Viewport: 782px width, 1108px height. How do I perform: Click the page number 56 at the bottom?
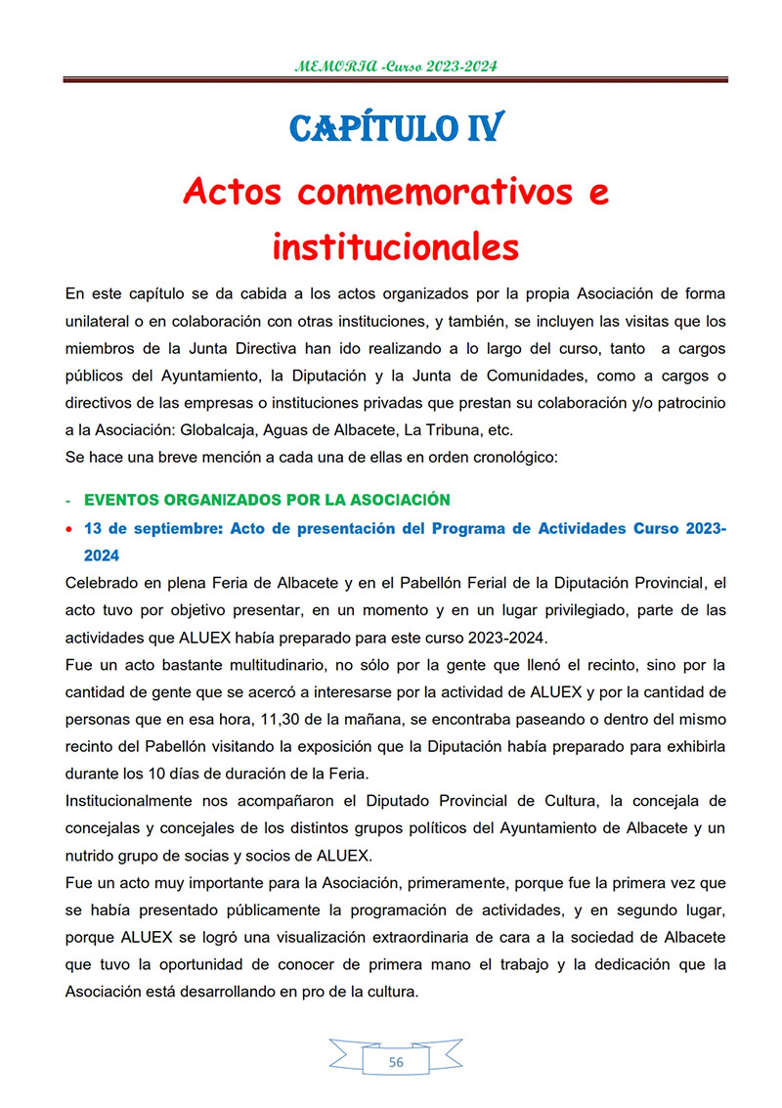(395, 1063)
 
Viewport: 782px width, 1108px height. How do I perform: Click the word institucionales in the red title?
(395, 246)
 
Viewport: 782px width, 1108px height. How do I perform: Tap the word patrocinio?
(687, 404)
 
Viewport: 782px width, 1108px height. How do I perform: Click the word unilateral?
(97, 321)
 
